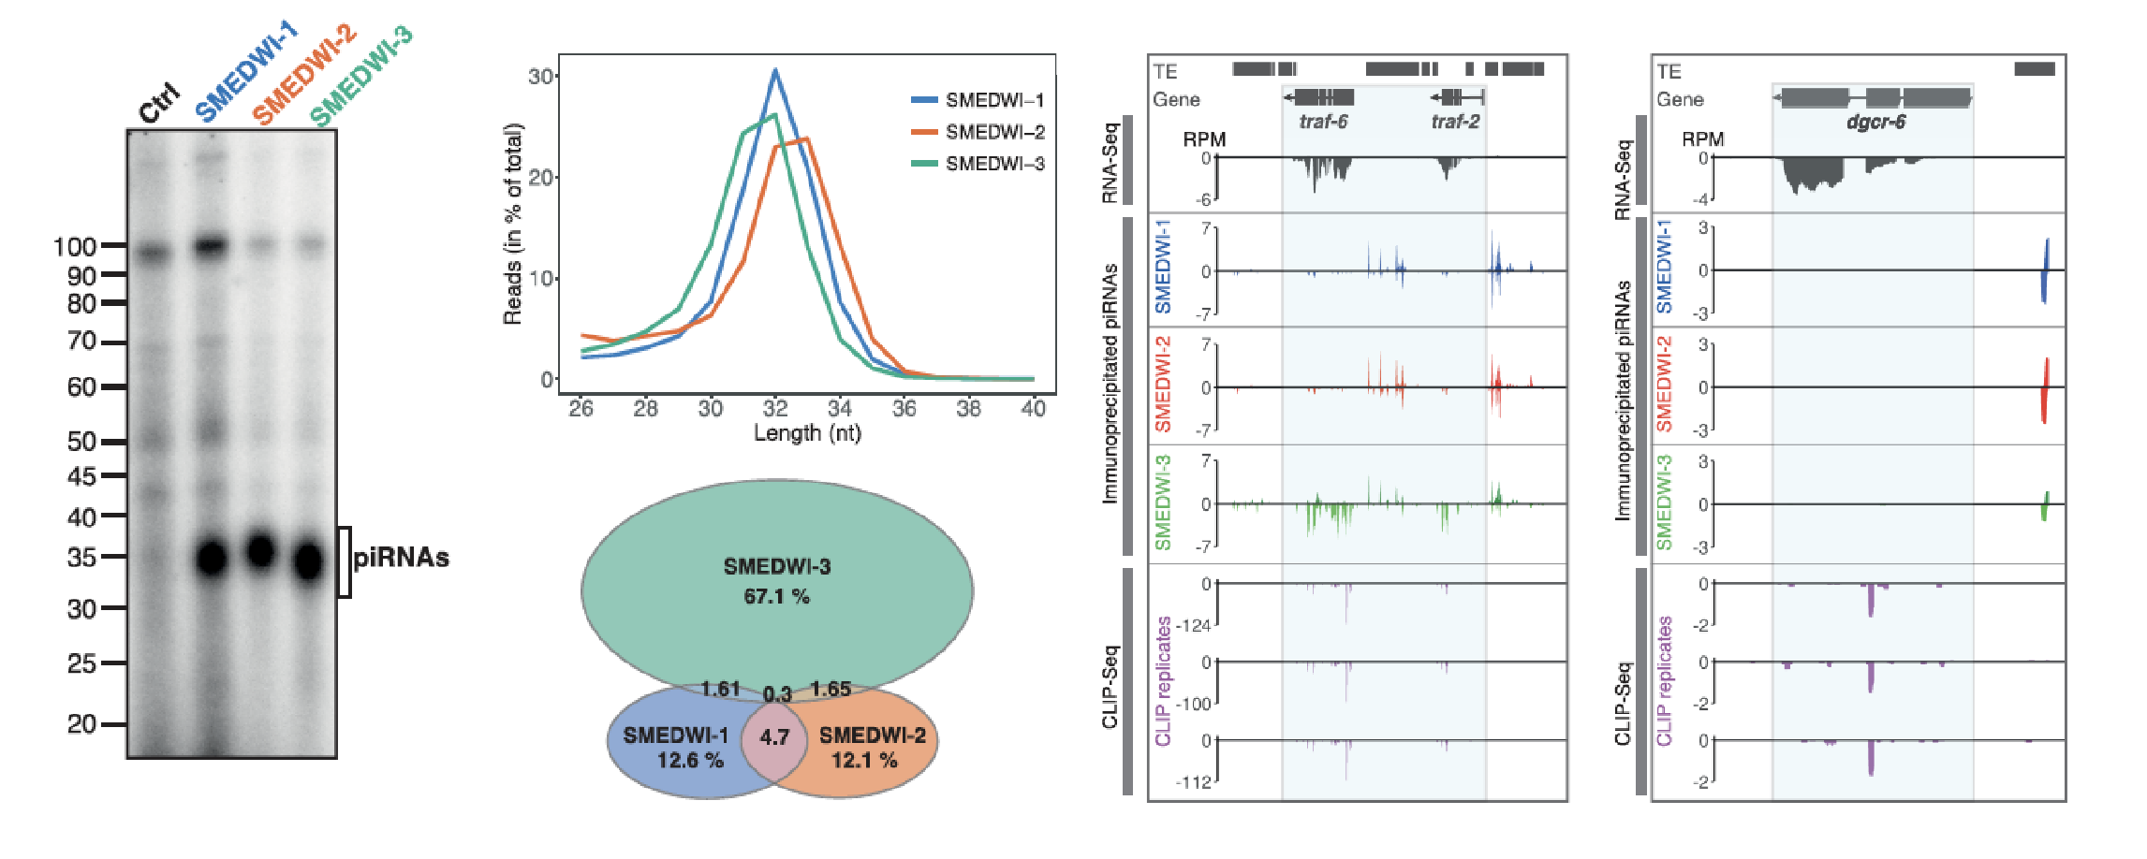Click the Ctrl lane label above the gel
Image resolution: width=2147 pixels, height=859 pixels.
[x=159, y=102]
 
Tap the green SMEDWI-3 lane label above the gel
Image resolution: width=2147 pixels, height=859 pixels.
[x=361, y=77]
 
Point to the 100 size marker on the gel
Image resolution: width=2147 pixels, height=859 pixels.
[x=75, y=247]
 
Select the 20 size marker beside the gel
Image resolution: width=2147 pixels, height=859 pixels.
[x=81, y=724]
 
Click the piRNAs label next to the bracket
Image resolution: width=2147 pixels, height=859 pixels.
[x=401, y=559]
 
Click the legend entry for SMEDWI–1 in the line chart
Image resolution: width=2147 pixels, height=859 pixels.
[x=994, y=100]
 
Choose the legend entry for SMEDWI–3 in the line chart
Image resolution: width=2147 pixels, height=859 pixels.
[x=994, y=164]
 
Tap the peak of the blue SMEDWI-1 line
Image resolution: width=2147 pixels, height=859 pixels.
[x=775, y=70]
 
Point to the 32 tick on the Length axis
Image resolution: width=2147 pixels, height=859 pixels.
[x=775, y=409]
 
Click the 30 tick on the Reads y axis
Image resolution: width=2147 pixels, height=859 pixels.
[x=540, y=77]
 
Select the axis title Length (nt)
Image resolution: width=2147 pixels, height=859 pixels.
[x=807, y=433]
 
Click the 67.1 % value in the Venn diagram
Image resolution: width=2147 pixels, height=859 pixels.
[x=776, y=596]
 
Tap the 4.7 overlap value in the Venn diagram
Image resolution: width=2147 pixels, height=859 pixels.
[x=774, y=737]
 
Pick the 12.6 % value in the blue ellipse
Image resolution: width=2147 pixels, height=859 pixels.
[x=690, y=760]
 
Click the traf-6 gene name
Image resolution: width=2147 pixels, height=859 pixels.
[x=1323, y=122]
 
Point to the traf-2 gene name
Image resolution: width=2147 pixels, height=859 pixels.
[x=1455, y=122]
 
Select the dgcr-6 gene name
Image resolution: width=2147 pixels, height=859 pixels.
[x=1875, y=122]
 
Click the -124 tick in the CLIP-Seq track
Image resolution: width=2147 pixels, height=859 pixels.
[x=1193, y=625]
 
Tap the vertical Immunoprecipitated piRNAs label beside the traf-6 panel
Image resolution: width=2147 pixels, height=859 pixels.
[x=1110, y=384]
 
